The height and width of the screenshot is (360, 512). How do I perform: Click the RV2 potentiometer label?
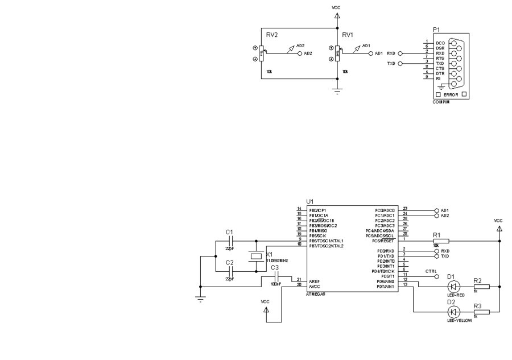(272, 35)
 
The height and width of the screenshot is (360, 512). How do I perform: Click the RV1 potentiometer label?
(348, 35)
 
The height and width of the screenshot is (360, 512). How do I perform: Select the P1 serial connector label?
(436, 29)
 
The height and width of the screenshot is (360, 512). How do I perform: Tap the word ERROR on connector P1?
(451, 94)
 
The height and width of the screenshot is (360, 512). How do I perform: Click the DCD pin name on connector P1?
(440, 43)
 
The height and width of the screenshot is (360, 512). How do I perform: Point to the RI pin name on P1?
(438, 78)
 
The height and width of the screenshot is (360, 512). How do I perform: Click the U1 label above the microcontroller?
(309, 201)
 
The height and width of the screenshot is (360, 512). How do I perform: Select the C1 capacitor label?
(229, 232)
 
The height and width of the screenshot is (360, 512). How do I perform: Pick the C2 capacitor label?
(229, 262)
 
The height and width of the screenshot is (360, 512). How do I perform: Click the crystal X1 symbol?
(256, 256)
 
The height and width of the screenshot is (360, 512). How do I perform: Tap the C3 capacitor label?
(275, 267)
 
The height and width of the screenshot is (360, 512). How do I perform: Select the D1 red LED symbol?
(453, 287)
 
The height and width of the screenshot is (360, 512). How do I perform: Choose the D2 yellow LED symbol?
(453, 312)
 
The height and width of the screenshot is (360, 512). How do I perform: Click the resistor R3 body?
(481, 312)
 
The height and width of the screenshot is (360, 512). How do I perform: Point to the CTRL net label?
(431, 271)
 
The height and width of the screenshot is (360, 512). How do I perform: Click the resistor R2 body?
(481, 287)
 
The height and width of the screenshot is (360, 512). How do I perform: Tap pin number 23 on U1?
(405, 209)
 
